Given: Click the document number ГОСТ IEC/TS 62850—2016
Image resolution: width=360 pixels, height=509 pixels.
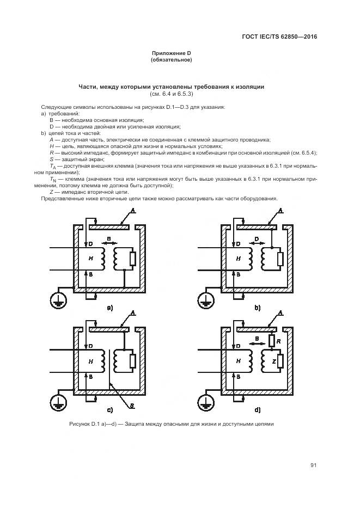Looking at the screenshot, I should point(278,37).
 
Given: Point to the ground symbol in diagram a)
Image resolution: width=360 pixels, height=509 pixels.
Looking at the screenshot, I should point(57,299).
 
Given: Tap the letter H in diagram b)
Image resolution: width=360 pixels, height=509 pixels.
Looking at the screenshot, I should point(238,259).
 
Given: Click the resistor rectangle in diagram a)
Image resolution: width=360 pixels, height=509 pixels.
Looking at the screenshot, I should point(132,259).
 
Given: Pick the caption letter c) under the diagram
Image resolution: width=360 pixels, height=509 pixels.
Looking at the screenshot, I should point(110,410).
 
